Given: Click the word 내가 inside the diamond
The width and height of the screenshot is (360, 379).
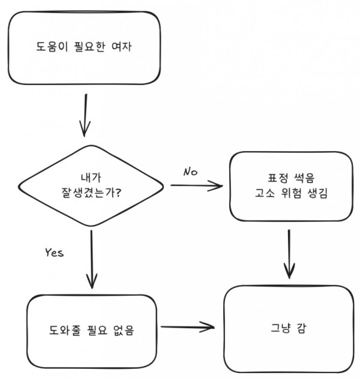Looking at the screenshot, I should (91, 178).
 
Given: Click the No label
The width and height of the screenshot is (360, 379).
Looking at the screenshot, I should (191, 172).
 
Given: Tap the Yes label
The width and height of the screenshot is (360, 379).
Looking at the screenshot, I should (54, 252).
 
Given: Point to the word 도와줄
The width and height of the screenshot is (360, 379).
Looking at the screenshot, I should (63, 329).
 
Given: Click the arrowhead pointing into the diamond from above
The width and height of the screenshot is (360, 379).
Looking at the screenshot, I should (85, 130).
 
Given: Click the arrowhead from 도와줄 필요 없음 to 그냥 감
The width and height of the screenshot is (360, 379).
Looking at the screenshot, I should (210, 327).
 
